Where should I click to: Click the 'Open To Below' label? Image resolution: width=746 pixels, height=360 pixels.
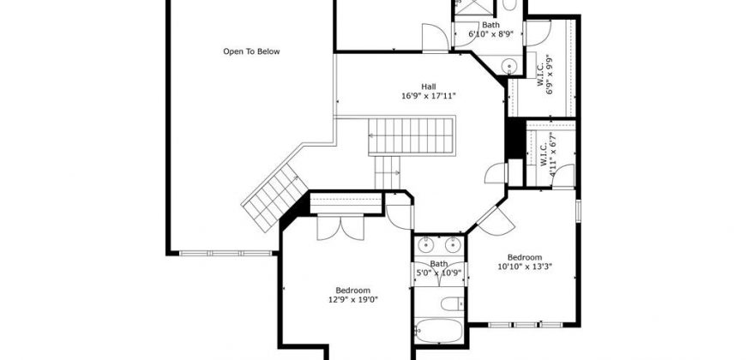(252, 51)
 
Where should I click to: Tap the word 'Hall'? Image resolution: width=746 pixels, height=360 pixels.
(428, 87)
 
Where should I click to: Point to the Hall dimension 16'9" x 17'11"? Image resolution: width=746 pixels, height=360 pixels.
(428, 96)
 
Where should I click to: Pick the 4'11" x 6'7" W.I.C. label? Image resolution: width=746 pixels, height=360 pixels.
(547, 155)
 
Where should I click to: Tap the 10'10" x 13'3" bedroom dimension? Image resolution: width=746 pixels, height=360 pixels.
(524, 267)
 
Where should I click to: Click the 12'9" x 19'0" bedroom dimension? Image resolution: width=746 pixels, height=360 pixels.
(352, 300)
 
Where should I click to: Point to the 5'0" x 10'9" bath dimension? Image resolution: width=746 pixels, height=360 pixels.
(439, 273)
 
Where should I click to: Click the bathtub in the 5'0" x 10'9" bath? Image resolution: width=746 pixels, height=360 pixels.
(438, 330)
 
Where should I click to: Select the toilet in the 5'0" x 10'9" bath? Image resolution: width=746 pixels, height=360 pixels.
(452, 303)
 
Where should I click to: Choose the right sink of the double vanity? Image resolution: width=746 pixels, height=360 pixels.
(453, 244)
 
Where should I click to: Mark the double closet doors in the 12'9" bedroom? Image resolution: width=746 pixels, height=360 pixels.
(340, 227)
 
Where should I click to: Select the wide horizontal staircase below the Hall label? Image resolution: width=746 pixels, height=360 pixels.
(411, 136)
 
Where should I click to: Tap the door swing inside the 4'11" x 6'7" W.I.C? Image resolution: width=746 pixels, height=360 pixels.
(563, 176)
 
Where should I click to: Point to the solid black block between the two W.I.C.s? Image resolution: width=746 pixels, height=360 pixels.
(514, 138)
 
